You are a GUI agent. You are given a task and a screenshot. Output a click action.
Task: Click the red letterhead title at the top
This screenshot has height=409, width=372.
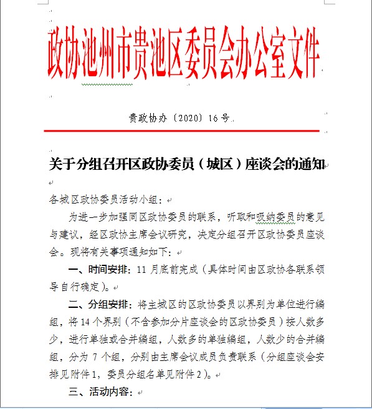184,56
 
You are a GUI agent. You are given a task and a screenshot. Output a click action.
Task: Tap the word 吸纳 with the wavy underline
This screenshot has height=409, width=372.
258,217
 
